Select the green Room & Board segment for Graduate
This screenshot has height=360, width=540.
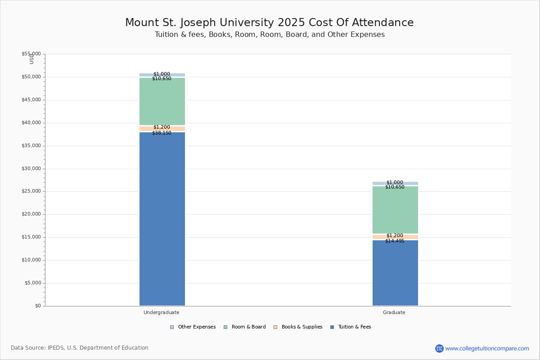395,210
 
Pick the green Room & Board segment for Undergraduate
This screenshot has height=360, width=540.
162,102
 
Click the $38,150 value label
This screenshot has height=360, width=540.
162,133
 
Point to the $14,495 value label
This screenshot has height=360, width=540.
395,241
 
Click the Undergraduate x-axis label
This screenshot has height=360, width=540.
162,312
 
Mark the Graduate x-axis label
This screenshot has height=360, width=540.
394,312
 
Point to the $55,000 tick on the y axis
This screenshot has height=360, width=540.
31,54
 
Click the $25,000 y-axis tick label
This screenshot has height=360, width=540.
31,191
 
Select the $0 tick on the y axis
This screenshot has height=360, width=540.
37,306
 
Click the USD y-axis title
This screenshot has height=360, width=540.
31,59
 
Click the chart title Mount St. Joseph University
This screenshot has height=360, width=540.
269,22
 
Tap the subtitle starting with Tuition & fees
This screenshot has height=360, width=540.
270,35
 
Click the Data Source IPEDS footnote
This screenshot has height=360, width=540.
80,348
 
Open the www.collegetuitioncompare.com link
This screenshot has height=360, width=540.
487,348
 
